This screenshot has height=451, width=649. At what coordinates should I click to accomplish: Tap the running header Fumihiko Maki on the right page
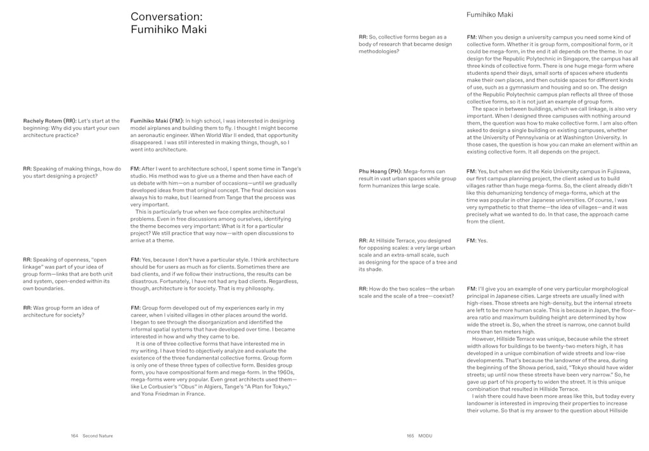pos(489,14)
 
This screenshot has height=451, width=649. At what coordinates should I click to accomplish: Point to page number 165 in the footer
pos(410,436)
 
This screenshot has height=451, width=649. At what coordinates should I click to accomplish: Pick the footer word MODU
pos(426,436)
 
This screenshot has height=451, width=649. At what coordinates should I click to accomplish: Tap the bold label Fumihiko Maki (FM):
pos(156,121)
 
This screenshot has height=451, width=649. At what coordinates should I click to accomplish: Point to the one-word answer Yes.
pos(482,240)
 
